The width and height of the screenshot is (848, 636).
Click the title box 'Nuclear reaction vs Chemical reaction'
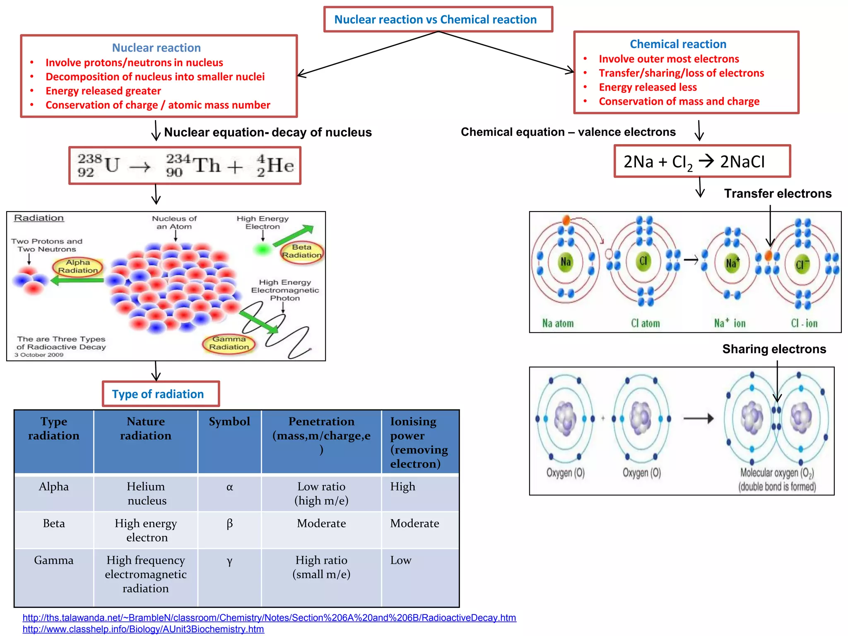438,19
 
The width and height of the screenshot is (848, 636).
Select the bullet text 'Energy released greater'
103,91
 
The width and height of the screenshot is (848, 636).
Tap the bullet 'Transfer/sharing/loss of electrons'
681,73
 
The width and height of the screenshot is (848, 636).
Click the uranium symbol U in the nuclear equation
112,165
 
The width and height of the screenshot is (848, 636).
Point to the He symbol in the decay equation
280,166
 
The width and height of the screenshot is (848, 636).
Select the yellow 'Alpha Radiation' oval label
78,266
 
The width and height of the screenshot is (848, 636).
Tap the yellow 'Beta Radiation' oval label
301,251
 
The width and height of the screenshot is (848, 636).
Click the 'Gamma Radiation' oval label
229,343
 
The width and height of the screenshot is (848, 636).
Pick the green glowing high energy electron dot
262,249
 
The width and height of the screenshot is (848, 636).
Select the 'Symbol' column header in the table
229,422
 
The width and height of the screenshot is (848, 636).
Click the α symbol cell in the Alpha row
229,487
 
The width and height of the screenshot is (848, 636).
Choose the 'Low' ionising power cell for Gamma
401,561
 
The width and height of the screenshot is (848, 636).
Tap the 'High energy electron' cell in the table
146,530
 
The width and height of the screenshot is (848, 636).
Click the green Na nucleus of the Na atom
565,262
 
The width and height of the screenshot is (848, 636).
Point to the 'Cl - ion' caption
804,323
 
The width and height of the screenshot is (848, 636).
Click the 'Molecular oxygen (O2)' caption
777,473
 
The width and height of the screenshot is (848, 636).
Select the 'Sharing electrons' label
774,349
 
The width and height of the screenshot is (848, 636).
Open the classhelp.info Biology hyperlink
143,629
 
